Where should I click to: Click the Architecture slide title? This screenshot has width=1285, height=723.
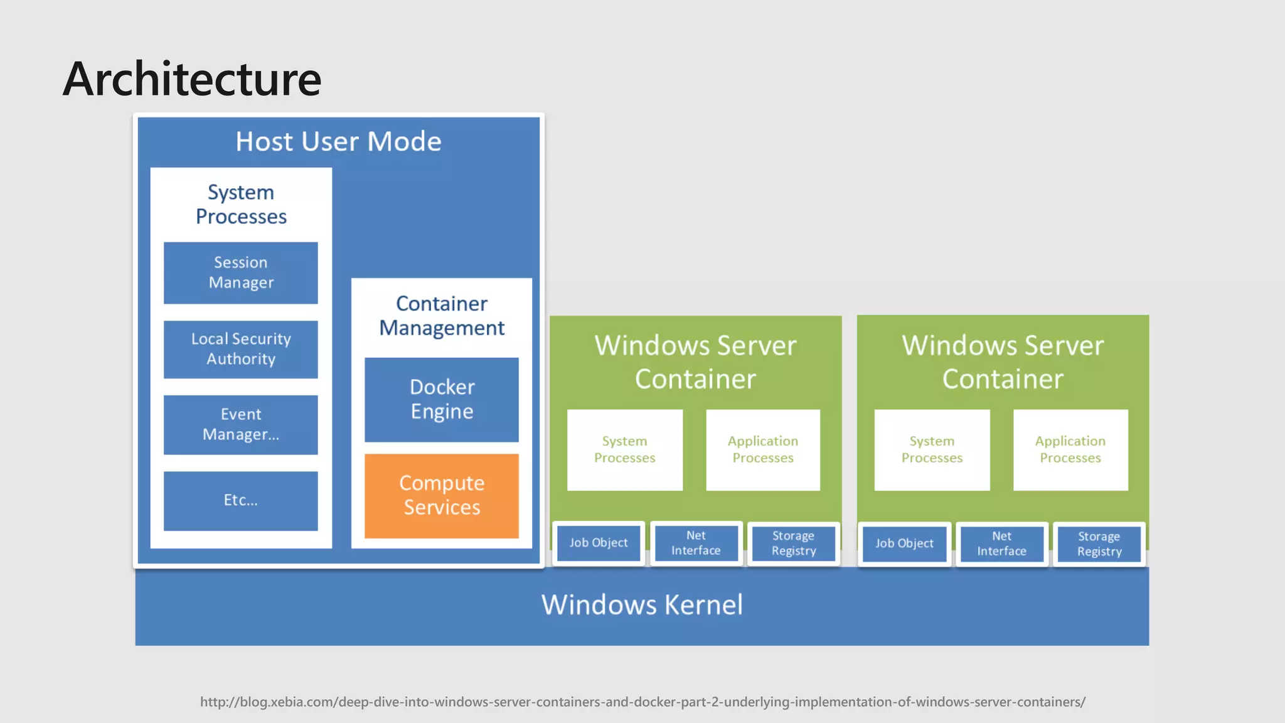coord(192,80)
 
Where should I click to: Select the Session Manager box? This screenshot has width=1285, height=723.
coord(241,273)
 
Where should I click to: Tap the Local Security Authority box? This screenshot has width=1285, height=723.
coord(241,350)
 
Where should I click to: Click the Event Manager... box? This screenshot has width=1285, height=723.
coord(241,425)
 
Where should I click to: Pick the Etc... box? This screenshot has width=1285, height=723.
coord(241,501)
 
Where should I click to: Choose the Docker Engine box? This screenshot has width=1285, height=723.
coord(442,400)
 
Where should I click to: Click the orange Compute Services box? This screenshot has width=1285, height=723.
coord(442,496)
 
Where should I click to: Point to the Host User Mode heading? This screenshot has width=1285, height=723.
coord(339,142)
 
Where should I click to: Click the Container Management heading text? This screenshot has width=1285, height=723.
coord(442,316)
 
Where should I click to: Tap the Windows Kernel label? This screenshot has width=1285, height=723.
coord(642,605)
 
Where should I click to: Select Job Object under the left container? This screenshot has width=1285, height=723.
coord(599,544)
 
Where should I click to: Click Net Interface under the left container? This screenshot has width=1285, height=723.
coord(696,544)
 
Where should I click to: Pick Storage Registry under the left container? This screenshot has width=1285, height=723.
coord(794,544)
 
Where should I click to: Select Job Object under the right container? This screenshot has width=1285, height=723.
coord(904,544)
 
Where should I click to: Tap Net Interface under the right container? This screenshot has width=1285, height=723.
coord(1001,544)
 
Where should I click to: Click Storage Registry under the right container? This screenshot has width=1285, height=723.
coord(1099,544)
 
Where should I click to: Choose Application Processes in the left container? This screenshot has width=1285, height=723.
coord(763,450)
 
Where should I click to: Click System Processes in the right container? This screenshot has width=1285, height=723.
coord(932,450)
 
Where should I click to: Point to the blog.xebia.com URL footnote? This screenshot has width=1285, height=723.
coord(642,702)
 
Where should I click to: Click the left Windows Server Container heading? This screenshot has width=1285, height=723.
coord(695,362)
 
